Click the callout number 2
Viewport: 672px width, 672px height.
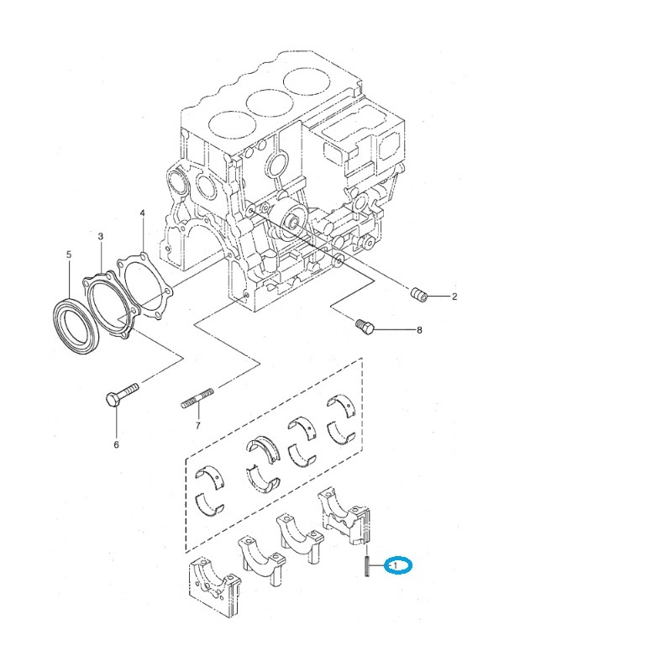point(454,297)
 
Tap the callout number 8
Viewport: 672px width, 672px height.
point(419,331)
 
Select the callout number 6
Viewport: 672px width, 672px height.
point(116,444)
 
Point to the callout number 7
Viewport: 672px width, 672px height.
point(198,427)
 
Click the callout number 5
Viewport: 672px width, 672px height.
point(69,254)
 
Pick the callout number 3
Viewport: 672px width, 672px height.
point(100,238)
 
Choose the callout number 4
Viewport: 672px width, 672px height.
point(143,213)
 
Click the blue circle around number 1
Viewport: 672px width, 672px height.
point(398,566)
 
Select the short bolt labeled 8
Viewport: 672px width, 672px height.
point(365,325)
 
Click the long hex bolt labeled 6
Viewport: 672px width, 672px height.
point(123,394)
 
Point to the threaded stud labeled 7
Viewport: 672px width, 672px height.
point(199,401)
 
